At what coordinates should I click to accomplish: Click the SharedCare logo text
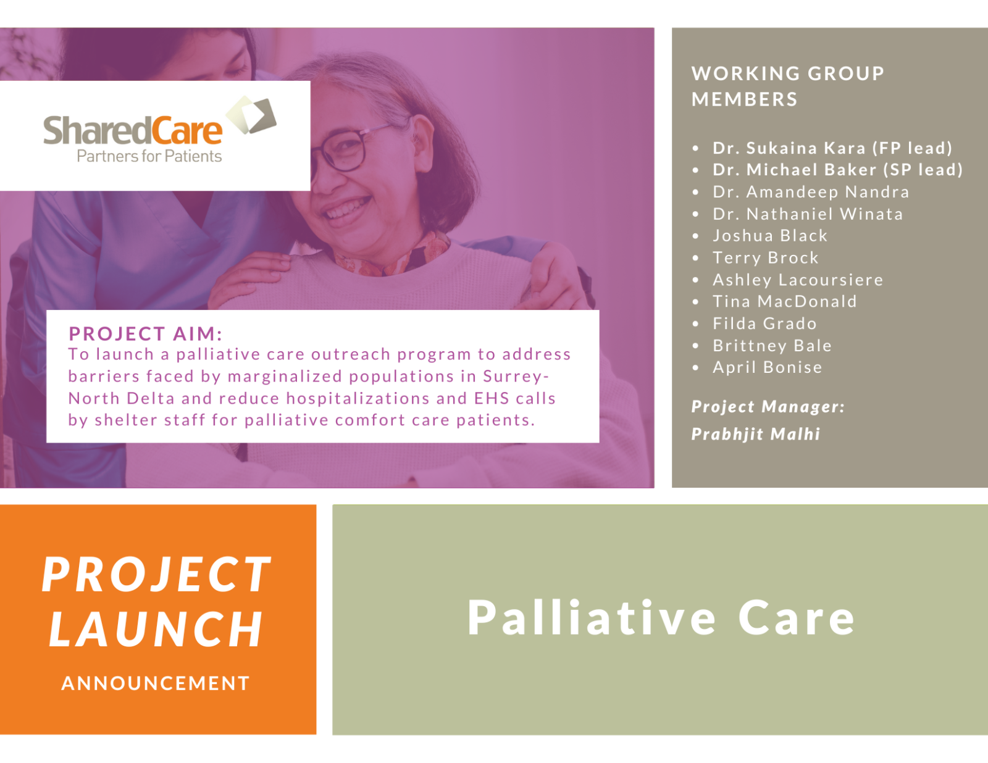(132, 131)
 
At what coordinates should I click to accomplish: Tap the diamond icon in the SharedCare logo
(251, 115)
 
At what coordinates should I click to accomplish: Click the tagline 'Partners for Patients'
(149, 157)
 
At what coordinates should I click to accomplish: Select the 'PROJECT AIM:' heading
(145, 334)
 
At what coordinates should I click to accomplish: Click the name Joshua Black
(769, 236)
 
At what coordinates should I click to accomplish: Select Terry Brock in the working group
(765, 258)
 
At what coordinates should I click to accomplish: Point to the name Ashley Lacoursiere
(797, 280)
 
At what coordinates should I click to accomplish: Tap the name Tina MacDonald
(784, 302)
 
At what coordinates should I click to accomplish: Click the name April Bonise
(767, 367)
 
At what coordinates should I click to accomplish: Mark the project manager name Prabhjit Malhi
(755, 434)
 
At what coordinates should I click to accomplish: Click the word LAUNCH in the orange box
(156, 630)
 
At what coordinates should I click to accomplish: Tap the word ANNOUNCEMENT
(156, 683)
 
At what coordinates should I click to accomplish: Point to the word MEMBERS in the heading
(744, 99)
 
